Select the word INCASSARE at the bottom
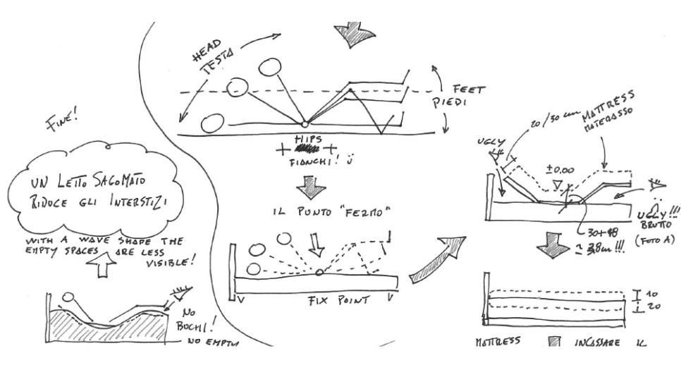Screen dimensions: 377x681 [596, 342]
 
